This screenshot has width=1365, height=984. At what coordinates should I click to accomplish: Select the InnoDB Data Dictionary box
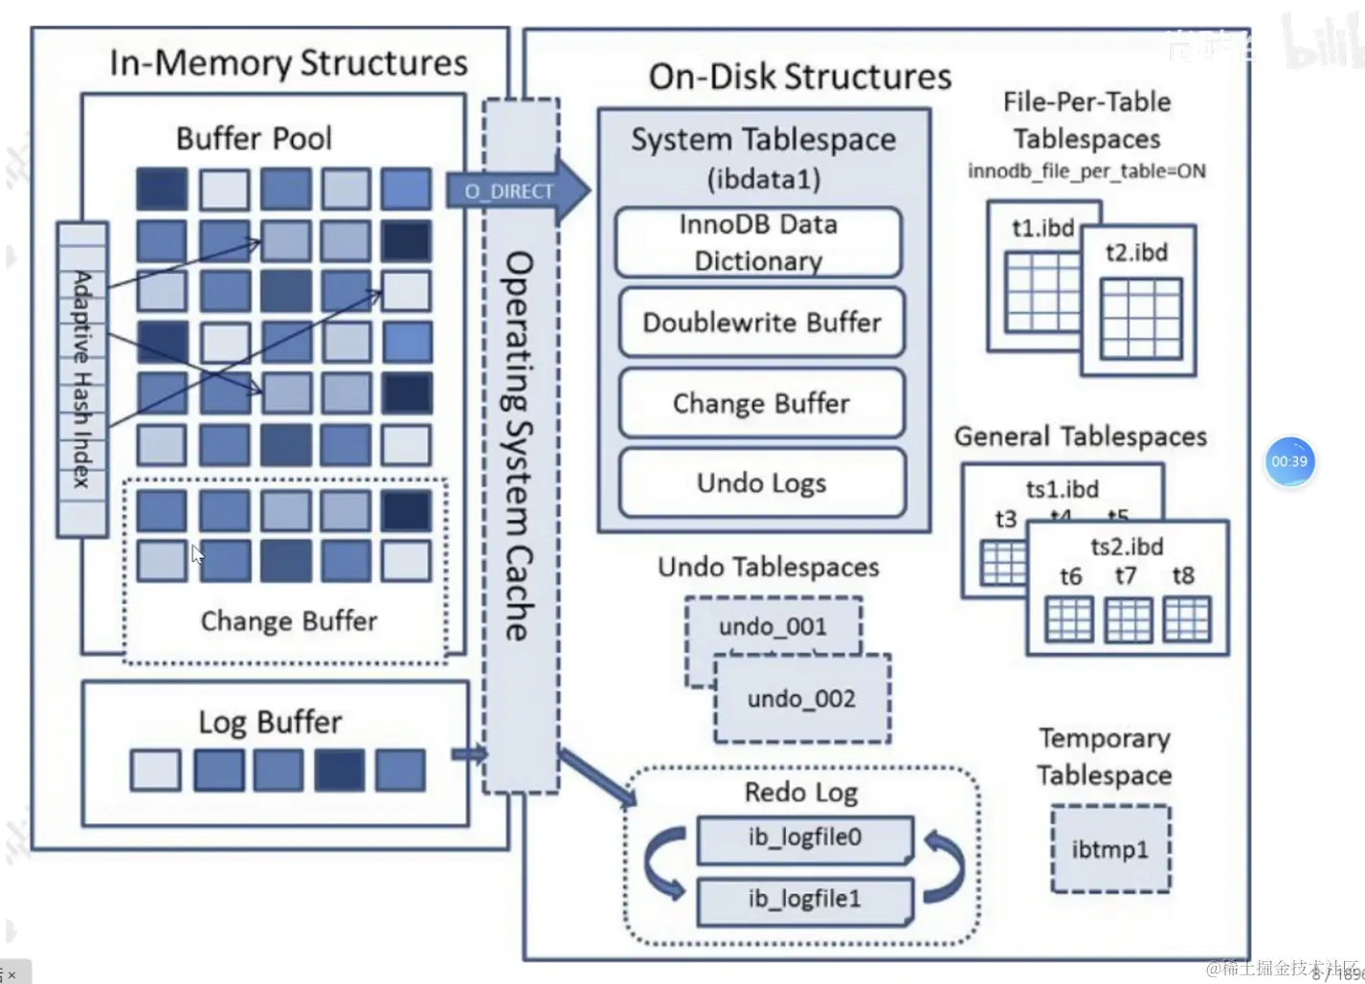(758, 242)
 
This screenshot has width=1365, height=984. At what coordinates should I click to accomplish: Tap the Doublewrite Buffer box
(761, 323)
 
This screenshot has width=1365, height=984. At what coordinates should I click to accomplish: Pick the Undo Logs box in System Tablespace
(761, 482)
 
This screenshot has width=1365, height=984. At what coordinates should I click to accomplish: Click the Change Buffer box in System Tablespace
(761, 403)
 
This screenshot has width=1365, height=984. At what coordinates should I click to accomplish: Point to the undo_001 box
(772, 627)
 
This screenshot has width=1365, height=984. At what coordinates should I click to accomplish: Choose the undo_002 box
(802, 699)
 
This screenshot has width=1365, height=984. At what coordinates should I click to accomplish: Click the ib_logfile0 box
(804, 839)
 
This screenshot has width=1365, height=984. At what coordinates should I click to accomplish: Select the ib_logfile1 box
(804, 900)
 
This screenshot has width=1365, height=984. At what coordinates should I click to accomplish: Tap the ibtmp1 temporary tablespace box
(1110, 849)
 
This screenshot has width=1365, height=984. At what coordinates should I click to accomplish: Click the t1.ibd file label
(1042, 229)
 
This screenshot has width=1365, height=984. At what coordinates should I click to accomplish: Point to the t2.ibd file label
(1136, 253)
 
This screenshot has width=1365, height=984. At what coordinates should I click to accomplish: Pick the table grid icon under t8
(1186, 619)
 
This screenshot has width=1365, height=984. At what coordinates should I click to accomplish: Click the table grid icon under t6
(1069, 619)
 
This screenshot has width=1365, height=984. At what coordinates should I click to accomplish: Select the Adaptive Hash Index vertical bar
(82, 378)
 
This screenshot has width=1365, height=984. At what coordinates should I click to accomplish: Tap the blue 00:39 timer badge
(1289, 461)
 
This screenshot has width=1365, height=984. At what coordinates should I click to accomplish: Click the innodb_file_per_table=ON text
(1086, 171)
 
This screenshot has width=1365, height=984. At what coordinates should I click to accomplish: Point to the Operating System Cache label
(519, 445)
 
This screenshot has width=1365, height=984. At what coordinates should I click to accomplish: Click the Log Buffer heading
(270, 722)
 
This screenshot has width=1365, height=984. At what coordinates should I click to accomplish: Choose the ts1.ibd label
(1062, 489)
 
